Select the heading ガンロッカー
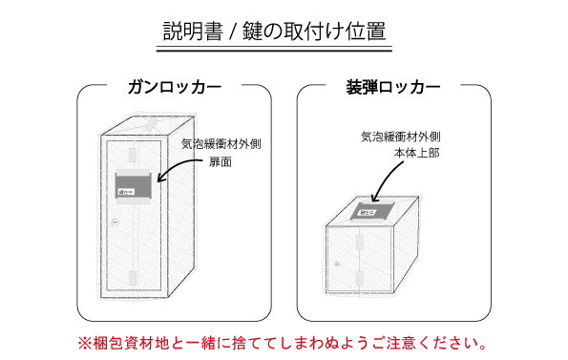pyautogui.click(x=175, y=88)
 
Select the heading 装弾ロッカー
pyautogui.click(x=393, y=88)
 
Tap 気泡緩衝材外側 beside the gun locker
pyautogui.click(x=221, y=144)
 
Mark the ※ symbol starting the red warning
pyautogui.click(x=82, y=341)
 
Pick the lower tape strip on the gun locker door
pyautogui.click(x=131, y=277)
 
